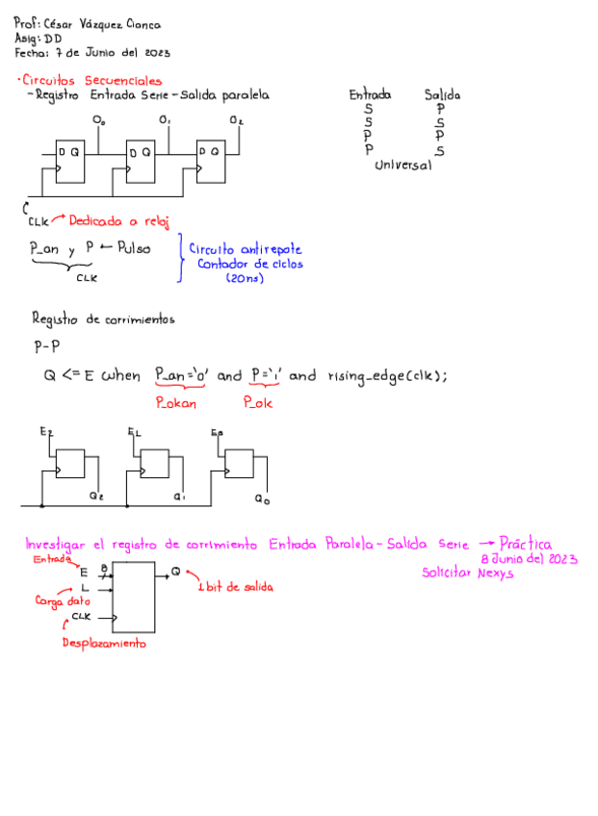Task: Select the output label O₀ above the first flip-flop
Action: coord(98,120)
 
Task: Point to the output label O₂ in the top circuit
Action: coord(236,120)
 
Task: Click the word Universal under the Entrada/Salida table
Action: coord(403,166)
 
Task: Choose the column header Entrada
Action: coord(370,95)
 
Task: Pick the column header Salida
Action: coord(441,95)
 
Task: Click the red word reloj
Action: coord(152,221)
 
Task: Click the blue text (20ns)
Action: coord(245,278)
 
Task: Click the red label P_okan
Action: coord(176,403)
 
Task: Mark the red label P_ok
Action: coord(257,403)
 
